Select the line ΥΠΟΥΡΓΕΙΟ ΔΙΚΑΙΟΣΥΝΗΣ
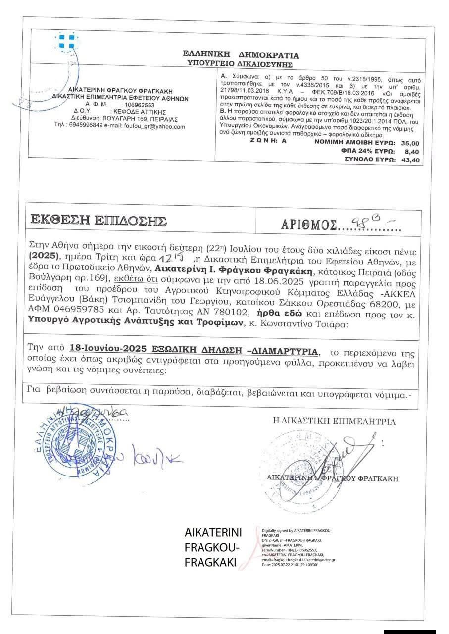click(240, 64)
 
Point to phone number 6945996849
click(88, 126)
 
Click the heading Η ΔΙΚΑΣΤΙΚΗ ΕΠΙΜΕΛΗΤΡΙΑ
click(335, 422)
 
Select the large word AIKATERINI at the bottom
click(213, 533)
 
